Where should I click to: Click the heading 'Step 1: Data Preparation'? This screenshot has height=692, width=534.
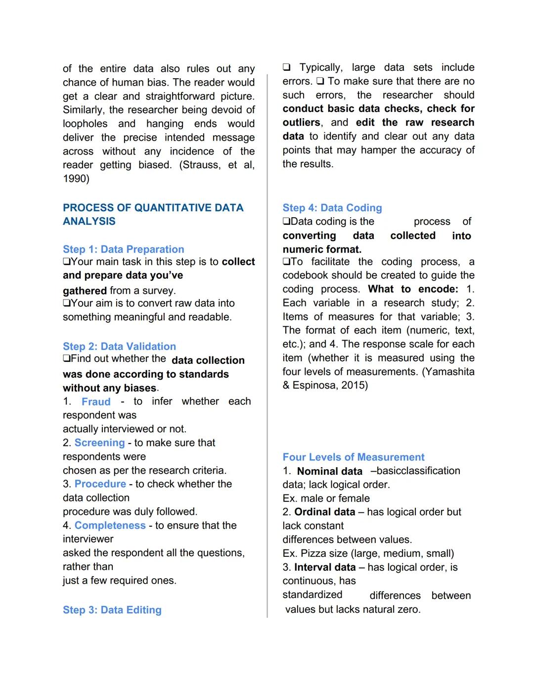click(x=123, y=249)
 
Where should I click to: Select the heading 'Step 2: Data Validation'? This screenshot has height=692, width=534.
click(x=119, y=346)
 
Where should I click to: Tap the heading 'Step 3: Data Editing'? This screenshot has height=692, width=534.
click(x=112, y=610)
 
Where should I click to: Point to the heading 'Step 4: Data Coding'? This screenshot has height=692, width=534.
click(x=332, y=207)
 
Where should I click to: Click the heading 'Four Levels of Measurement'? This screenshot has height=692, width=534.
click(x=353, y=457)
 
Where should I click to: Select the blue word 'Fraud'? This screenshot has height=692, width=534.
click(x=96, y=401)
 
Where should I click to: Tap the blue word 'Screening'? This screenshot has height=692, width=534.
click(x=99, y=443)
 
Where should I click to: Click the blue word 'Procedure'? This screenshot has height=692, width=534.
click(x=100, y=484)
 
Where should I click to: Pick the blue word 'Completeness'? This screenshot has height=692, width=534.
click(x=110, y=525)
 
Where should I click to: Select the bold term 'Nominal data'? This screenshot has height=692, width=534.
click(x=329, y=471)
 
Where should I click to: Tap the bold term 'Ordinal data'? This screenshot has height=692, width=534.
click(x=324, y=512)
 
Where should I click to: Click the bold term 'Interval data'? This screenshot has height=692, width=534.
click(x=325, y=567)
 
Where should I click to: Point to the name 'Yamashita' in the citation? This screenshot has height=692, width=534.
click(x=450, y=371)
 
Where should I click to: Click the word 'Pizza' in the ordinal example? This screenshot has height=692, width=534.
click(x=312, y=553)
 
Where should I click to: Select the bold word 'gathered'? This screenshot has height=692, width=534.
click(x=85, y=291)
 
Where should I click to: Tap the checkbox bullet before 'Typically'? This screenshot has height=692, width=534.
click(x=286, y=67)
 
